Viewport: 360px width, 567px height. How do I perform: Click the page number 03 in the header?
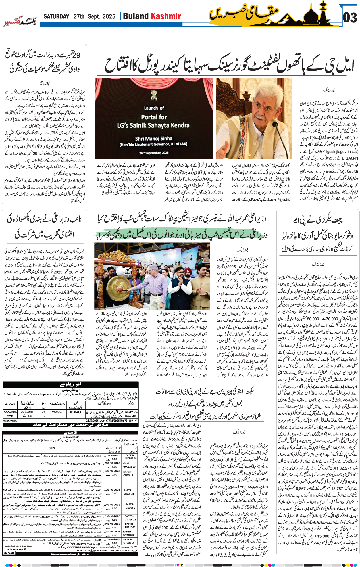(x=350, y=18)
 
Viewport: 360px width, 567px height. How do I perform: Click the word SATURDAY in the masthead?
(x=56, y=16)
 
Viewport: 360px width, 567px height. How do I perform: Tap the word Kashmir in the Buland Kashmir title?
(x=166, y=16)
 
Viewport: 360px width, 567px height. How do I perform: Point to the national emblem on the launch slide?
(x=154, y=95)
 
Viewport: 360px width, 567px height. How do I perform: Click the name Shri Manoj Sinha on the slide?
(x=154, y=139)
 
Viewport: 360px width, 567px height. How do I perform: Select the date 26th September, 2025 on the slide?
(x=154, y=153)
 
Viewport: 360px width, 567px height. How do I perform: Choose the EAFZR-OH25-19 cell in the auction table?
(x=128, y=473)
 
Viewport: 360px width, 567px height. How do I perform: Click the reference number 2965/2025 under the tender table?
(x=10, y=421)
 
